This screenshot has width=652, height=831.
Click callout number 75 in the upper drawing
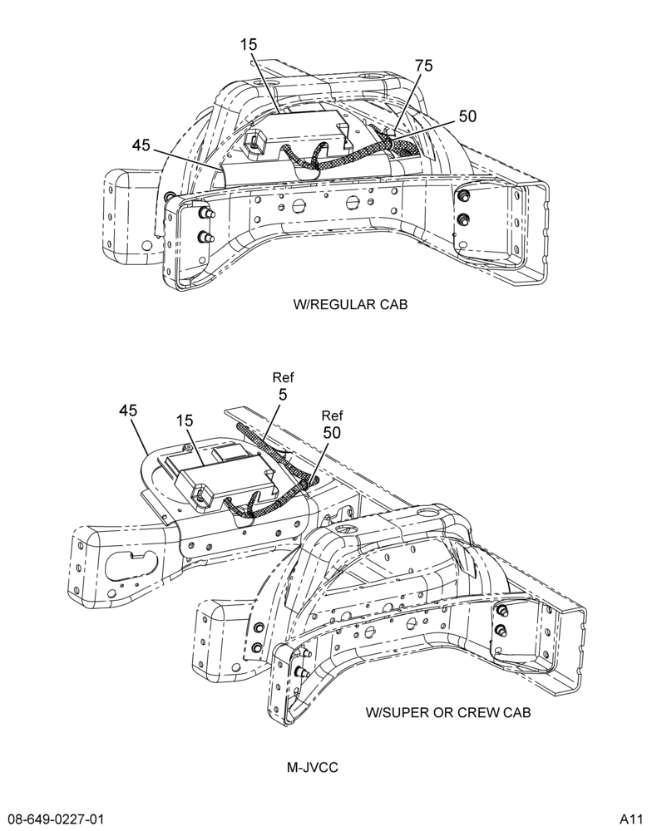pos(423,66)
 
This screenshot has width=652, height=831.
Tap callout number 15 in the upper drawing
pos(248,45)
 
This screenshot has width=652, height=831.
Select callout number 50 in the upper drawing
pos(467,116)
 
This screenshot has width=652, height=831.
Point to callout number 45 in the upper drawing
pos(141,145)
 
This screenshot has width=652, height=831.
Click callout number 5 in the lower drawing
pos(283,395)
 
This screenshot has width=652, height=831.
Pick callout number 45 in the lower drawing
pos(128,411)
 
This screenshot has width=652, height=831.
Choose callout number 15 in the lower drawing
pos(185,420)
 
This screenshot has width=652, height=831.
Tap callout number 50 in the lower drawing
pos(332,433)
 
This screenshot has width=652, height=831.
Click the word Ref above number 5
pos(283,378)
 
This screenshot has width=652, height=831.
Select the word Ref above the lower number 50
pos(332,415)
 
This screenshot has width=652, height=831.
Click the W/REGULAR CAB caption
pos(350,305)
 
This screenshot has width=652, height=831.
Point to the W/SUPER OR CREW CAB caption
pos(447,712)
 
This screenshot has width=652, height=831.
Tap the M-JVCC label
pos(313,767)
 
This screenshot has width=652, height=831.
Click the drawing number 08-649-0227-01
pos(52,818)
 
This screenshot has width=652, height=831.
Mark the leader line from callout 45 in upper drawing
pos(187,159)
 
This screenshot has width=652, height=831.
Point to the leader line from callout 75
pos(409,101)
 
